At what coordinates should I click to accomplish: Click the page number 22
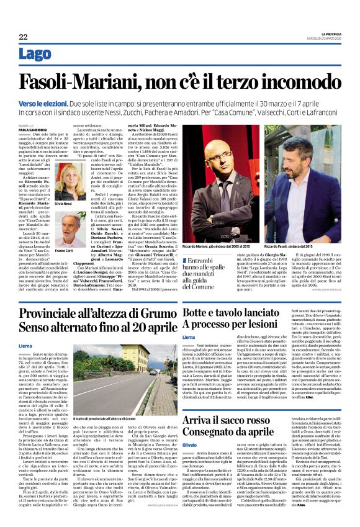(23, 37)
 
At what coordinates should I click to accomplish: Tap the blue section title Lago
(35, 55)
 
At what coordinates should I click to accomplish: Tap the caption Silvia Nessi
(63, 204)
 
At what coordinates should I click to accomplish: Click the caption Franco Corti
(63, 250)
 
